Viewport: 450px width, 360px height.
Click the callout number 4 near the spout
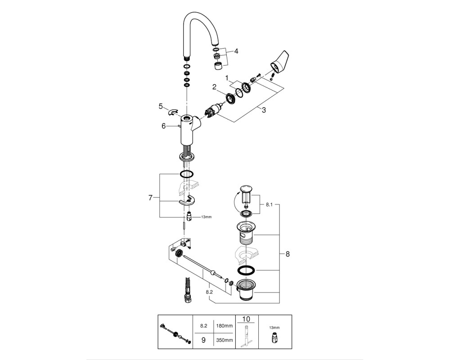pyautogui.click(x=236, y=51)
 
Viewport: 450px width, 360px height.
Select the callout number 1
pyautogui.click(x=227, y=78)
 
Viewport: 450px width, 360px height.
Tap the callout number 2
pyautogui.click(x=214, y=87)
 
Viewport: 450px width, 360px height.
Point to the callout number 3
pyautogui.click(x=264, y=110)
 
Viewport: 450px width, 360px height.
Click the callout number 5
pyautogui.click(x=161, y=106)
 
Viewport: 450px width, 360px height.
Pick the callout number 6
pyautogui.click(x=164, y=126)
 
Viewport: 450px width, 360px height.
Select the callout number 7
pyautogui.click(x=150, y=198)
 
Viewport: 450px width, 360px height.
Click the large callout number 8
pyautogui.click(x=288, y=254)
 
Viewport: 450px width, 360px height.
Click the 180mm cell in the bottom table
pyautogui.click(x=225, y=326)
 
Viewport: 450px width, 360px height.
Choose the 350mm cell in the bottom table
pyautogui.click(x=225, y=341)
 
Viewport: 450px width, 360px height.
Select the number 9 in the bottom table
pyautogui.click(x=203, y=341)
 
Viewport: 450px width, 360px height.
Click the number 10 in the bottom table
pyautogui.click(x=247, y=319)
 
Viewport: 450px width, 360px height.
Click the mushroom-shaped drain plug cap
pyautogui.click(x=246, y=189)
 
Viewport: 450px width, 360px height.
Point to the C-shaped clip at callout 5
pyautogui.click(x=173, y=112)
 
